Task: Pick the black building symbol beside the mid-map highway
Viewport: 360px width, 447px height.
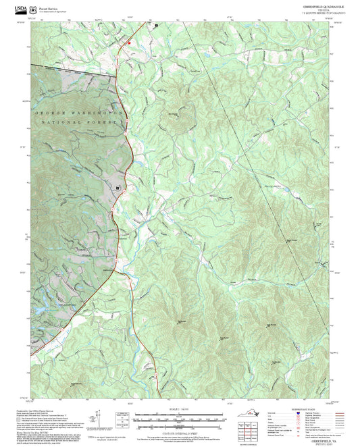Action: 118,188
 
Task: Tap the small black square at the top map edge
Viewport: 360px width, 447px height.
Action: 156,25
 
